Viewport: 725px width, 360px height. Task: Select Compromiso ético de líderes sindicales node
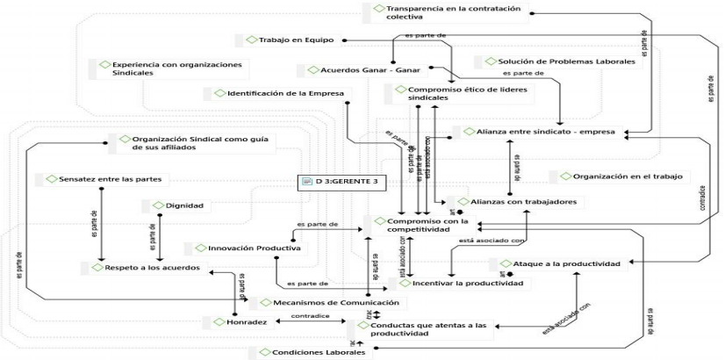[447, 93]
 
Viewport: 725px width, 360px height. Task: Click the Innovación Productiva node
[243, 248]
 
